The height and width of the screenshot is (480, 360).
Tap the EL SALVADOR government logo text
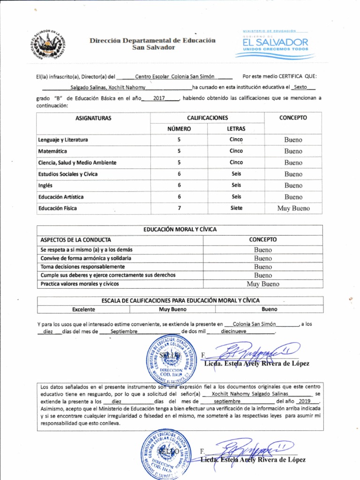click(x=275, y=43)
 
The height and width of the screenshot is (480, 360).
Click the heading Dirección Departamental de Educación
click(x=153, y=40)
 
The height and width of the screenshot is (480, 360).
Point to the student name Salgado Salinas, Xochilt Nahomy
click(x=108, y=88)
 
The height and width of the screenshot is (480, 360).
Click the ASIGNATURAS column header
click(x=93, y=118)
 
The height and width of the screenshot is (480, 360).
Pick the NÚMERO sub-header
click(x=179, y=128)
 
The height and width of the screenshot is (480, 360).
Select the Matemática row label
click(x=52, y=151)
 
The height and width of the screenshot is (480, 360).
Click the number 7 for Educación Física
click(x=179, y=208)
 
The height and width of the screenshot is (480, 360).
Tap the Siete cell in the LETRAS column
click(x=236, y=208)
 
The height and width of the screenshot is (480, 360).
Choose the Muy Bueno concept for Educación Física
click(x=293, y=209)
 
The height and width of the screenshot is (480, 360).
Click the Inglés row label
click(x=45, y=186)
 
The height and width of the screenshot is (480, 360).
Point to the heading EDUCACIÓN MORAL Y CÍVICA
click(x=180, y=230)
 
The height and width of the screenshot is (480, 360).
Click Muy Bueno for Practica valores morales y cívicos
click(x=262, y=284)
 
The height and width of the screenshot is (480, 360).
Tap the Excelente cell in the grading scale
click(x=83, y=309)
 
